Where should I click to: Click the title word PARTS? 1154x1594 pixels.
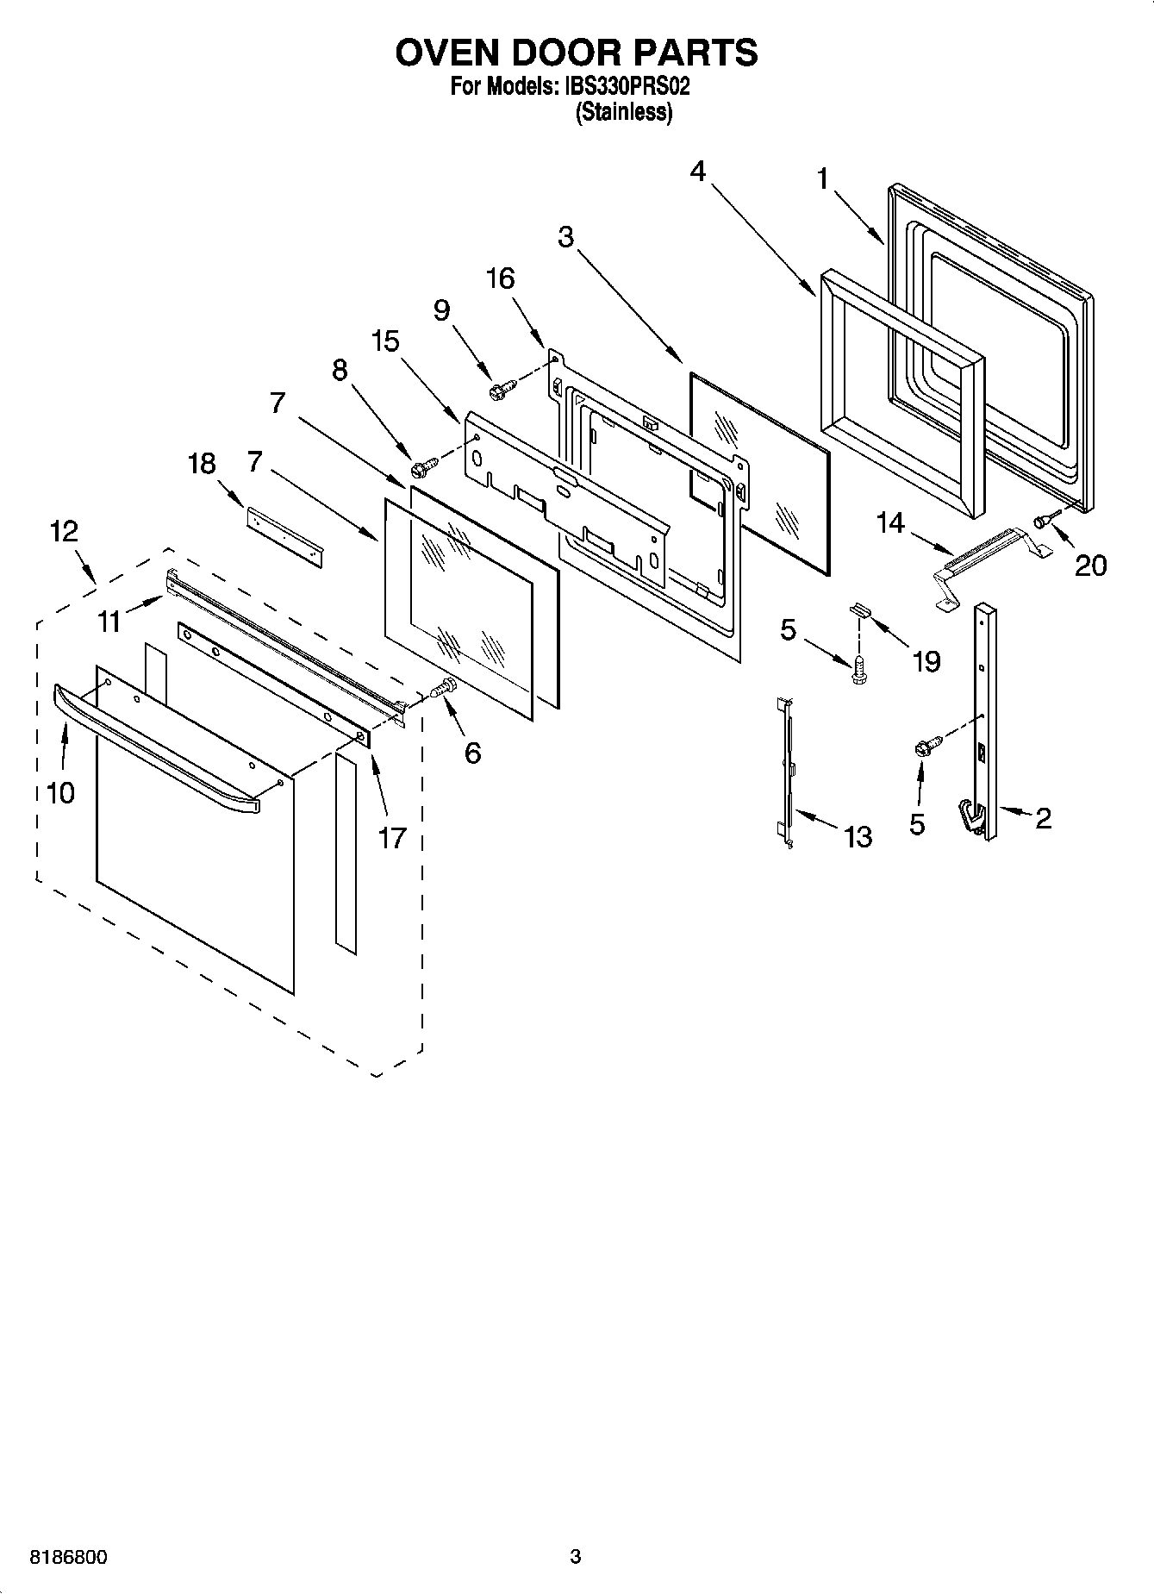[696, 53]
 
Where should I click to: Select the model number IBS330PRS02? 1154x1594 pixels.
[628, 87]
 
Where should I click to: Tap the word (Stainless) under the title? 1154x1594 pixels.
[623, 112]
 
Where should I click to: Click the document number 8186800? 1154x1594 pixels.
[69, 1557]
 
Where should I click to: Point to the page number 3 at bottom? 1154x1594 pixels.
[576, 1557]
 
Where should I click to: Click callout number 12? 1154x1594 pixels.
[63, 531]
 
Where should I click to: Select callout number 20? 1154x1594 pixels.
[1090, 566]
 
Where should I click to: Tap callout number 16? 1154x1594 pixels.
[501, 278]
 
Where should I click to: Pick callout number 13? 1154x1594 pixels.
[858, 836]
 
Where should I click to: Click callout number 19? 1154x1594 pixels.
[926, 661]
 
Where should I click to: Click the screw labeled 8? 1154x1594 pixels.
[425, 468]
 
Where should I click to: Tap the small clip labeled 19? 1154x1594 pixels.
[861, 609]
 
